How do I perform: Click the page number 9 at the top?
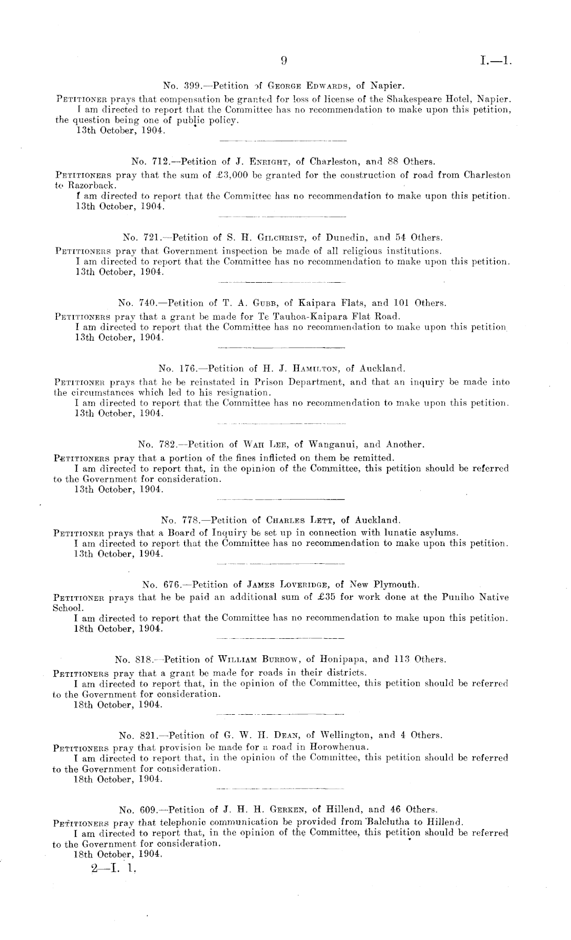click(283, 61)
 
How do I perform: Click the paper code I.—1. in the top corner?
click(496, 61)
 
